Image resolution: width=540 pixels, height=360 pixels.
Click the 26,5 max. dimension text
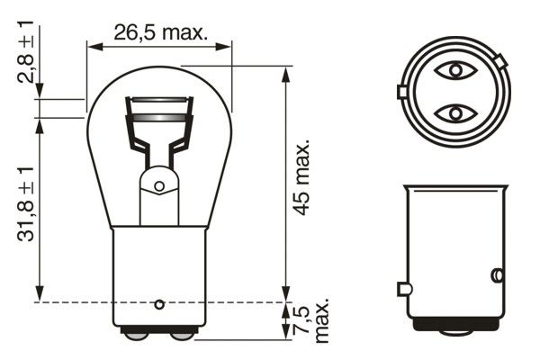coord(160,33)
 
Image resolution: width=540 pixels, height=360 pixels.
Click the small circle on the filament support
coord(159,187)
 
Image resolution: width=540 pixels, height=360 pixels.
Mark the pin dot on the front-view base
coord(159,302)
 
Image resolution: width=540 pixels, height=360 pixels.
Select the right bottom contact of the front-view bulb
coord(182,336)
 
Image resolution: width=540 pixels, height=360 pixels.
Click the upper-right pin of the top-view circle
coord(499,61)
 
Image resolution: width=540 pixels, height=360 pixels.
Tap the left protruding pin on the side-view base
coord(402,289)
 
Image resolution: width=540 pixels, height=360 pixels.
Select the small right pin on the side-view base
coord(496,274)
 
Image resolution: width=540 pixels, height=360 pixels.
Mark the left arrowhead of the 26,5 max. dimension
coord(91,44)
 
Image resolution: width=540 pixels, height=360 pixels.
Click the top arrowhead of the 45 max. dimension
coord(287,71)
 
